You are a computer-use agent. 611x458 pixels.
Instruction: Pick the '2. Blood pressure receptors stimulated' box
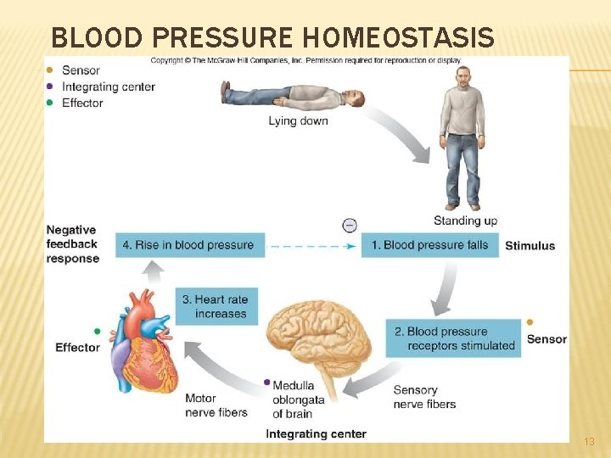454,338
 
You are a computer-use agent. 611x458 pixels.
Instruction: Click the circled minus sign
349,225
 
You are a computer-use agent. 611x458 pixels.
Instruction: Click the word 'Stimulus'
530,246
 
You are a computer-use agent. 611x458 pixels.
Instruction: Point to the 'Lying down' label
298,121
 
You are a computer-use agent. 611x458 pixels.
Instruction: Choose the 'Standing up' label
465,221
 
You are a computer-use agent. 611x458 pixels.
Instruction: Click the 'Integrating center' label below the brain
316,434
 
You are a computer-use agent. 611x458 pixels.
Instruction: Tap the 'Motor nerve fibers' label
216,405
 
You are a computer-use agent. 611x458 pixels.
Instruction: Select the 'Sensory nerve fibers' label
424,397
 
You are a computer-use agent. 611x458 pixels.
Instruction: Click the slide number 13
590,442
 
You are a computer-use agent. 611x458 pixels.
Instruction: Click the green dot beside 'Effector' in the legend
50,103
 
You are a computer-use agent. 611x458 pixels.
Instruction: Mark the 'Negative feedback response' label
72,244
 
